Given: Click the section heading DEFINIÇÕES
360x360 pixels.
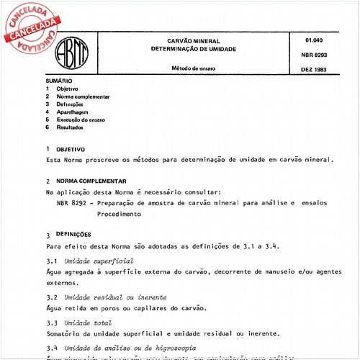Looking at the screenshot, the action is tap(74, 234).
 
